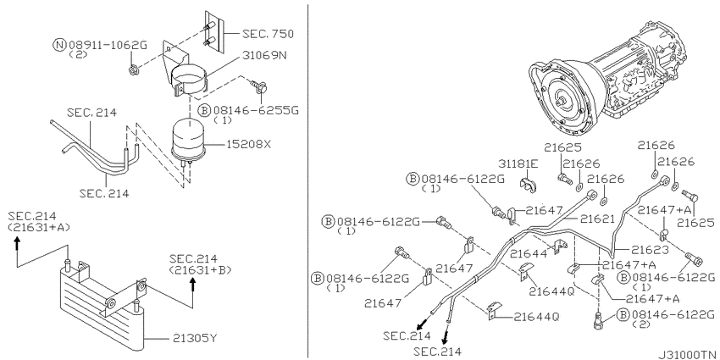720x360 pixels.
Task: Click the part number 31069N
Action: click(x=264, y=56)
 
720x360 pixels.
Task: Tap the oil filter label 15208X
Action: click(x=249, y=144)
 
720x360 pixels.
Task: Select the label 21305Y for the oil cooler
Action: click(x=195, y=339)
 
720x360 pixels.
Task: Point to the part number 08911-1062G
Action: click(x=108, y=45)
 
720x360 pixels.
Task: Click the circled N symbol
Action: click(x=59, y=45)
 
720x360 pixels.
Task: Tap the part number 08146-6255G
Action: click(x=255, y=111)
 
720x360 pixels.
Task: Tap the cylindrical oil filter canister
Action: click(x=188, y=139)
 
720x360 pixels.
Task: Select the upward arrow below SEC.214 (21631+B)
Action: click(x=193, y=287)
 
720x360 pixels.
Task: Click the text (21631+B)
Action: click(x=200, y=269)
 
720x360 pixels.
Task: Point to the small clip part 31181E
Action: click(x=529, y=182)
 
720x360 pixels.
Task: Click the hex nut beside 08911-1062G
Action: click(x=134, y=70)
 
